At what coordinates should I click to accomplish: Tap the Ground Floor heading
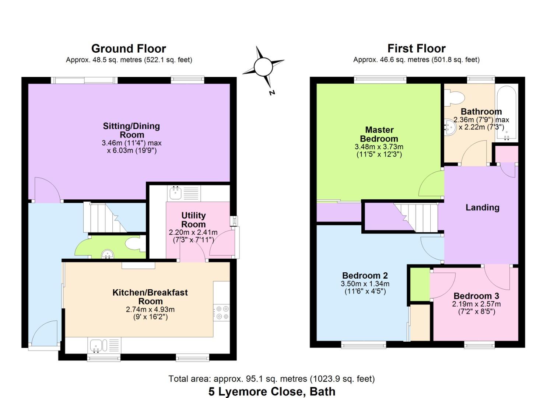coord(129,49)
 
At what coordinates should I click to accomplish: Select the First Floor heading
coord(417,48)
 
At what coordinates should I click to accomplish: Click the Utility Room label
coord(193,220)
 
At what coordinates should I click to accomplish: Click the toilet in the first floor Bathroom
coord(454,98)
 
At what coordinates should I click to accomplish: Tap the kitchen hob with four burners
coord(221,313)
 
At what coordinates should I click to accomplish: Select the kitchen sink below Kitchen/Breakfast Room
coord(104,345)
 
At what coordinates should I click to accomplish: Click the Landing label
coord(482,207)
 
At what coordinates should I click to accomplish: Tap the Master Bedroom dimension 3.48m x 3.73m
coord(379,147)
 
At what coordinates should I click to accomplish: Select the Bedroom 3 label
coord(476,296)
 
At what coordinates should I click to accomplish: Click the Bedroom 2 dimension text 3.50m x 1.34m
coord(365,284)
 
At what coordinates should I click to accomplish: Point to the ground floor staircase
coord(105,217)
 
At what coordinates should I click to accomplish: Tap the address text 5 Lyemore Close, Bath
coord(272,391)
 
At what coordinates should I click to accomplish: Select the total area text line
coord(271,379)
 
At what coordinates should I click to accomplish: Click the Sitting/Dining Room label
coord(132,130)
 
